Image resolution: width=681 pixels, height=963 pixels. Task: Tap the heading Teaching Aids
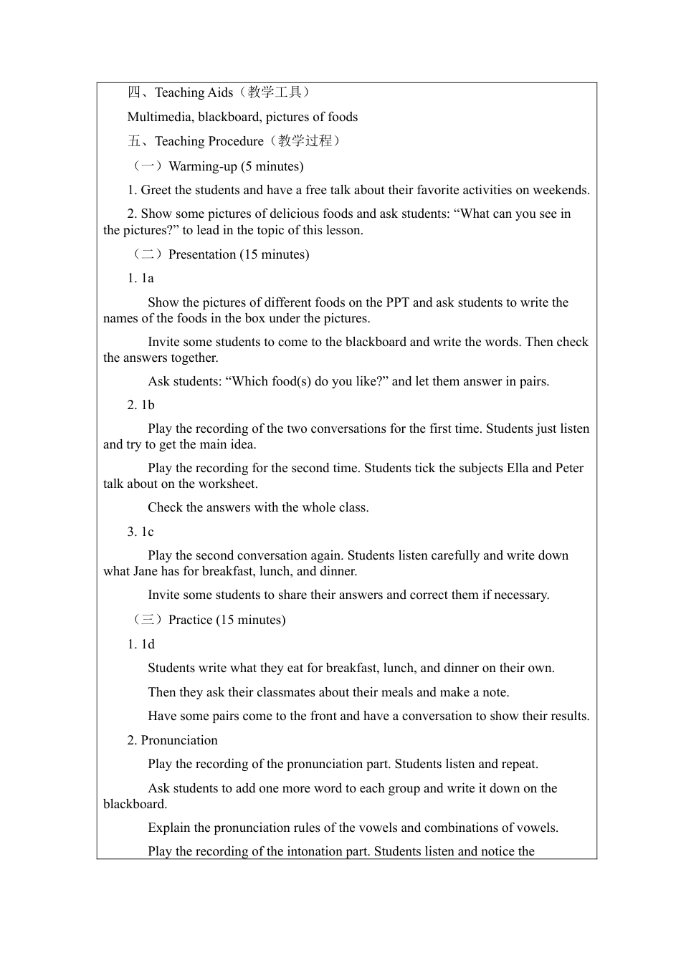(x=194, y=92)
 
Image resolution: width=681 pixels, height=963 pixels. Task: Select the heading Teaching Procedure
(x=209, y=141)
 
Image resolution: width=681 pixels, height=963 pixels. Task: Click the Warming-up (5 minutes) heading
(x=236, y=166)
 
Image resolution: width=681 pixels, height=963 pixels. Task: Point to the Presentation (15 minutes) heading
(x=239, y=254)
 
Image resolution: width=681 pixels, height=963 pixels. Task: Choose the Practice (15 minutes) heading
(x=227, y=620)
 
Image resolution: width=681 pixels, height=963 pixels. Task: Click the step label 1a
(x=147, y=278)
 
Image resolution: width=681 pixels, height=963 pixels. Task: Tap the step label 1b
(x=148, y=405)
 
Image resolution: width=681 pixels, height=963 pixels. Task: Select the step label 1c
(x=147, y=532)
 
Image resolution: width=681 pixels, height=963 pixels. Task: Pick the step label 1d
(x=148, y=644)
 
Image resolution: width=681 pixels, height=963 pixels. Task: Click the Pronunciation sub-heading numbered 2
(x=178, y=740)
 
